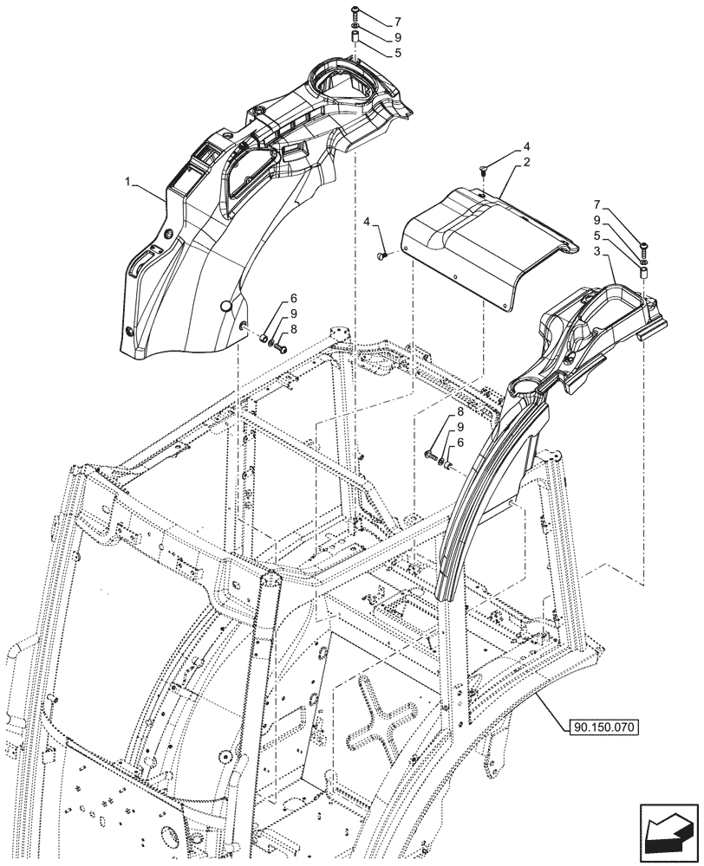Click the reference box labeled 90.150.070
pyautogui.click(x=603, y=727)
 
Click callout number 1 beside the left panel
pyautogui.click(x=128, y=183)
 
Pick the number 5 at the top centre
pyautogui.click(x=398, y=53)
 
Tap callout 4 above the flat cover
pyautogui.click(x=526, y=147)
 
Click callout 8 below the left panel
pyautogui.click(x=293, y=328)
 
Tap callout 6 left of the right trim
pyautogui.click(x=460, y=443)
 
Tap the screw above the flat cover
pyautogui.click(x=484, y=171)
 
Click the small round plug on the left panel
pyautogui.click(x=225, y=305)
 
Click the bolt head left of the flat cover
pyautogui.click(x=382, y=255)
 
